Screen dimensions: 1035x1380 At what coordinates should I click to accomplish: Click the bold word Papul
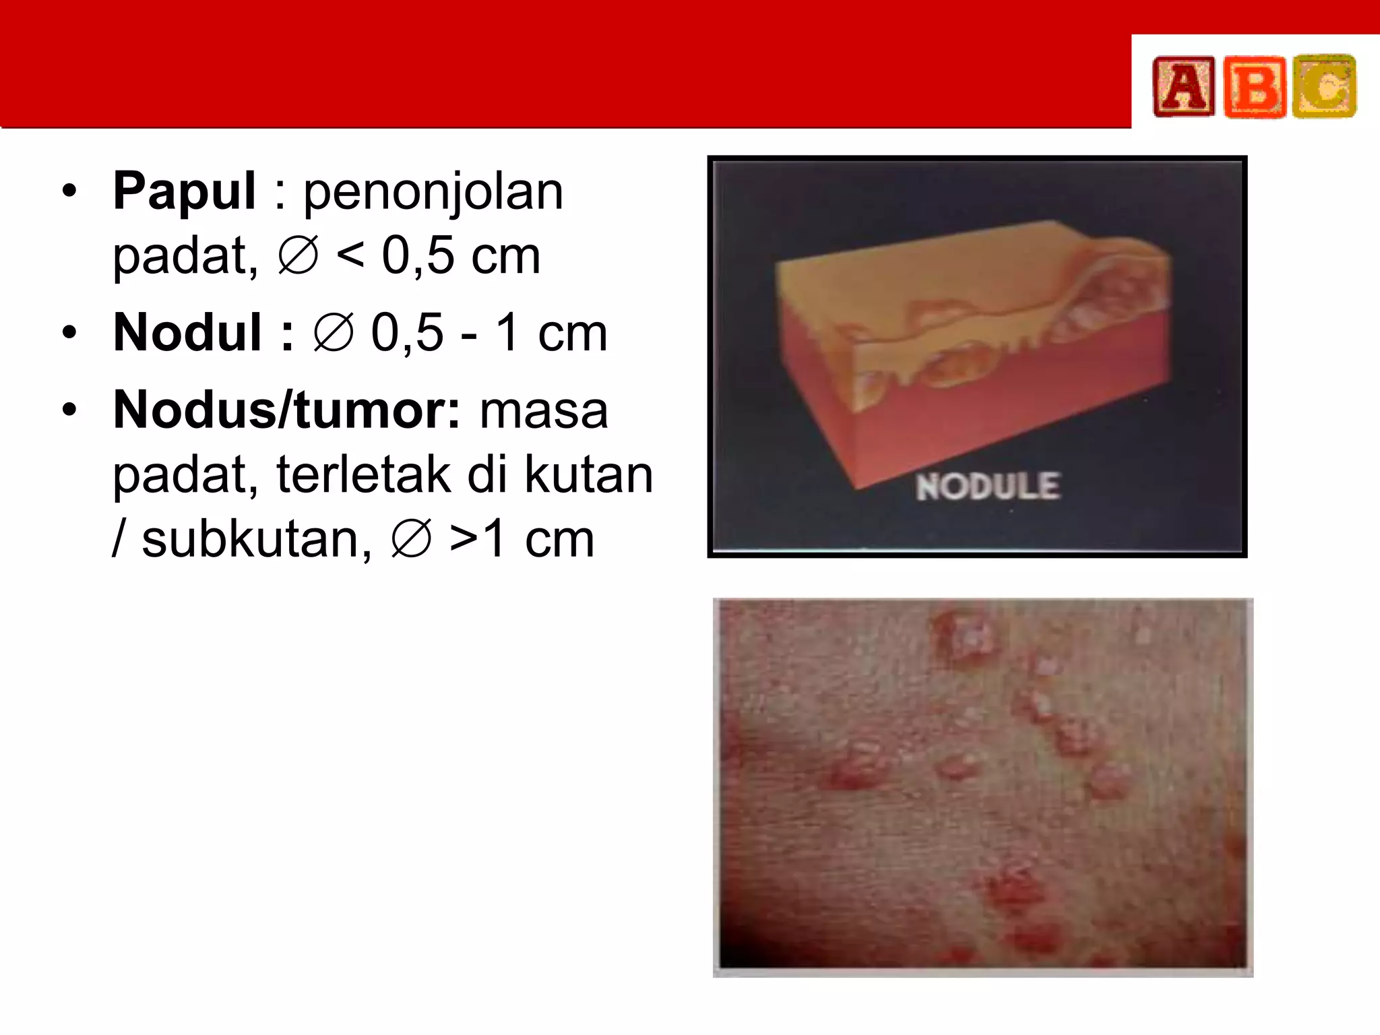184,191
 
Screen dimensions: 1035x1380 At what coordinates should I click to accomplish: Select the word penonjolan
433,193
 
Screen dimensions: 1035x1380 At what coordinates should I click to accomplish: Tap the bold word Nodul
187,332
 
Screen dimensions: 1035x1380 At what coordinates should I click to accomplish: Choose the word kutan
588,474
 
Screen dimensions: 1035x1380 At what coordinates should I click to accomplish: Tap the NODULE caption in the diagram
988,487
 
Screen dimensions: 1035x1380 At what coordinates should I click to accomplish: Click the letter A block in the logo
1183,87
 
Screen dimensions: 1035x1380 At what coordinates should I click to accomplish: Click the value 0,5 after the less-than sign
418,256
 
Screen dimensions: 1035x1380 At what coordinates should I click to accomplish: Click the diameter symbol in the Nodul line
334,332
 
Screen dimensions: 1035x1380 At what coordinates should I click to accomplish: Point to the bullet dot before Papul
69,193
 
